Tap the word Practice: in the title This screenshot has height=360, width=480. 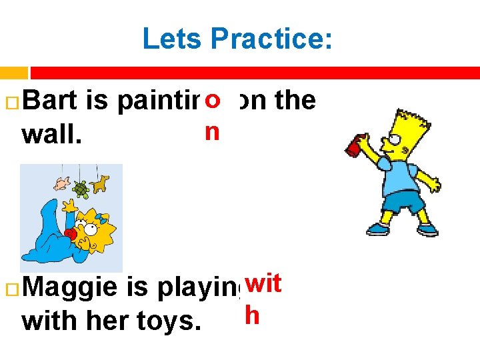point(271,39)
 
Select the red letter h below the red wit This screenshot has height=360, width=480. point(251,315)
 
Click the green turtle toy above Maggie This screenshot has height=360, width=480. point(81,189)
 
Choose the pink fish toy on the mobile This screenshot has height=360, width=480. point(62,182)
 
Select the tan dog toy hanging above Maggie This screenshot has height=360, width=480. point(101,181)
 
